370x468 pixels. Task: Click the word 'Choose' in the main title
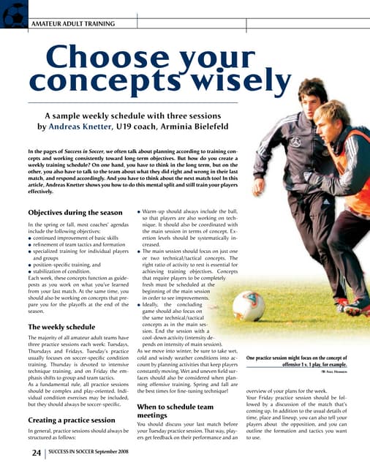[110, 57]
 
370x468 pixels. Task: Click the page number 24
[35, 453]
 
